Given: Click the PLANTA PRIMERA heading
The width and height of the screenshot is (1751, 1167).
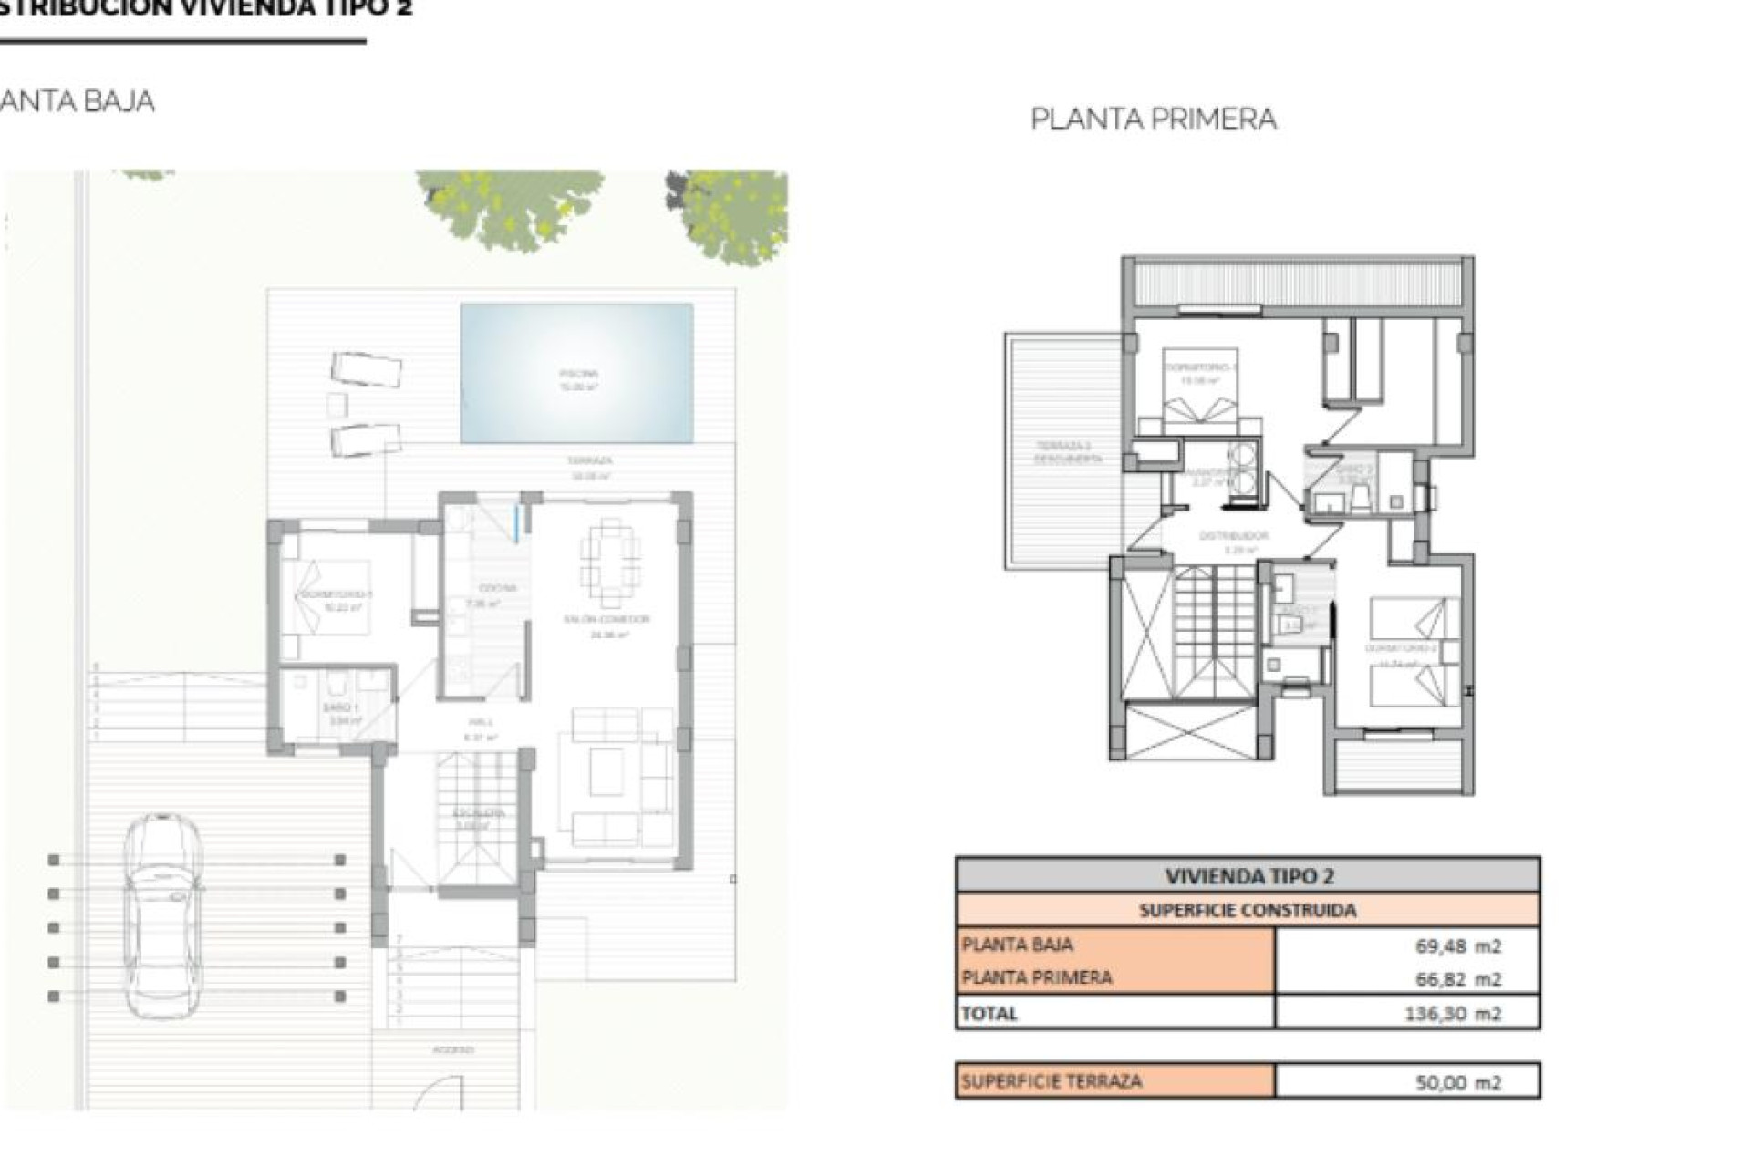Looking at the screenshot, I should (1153, 119).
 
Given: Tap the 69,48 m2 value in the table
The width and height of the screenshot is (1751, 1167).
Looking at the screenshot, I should (1457, 946).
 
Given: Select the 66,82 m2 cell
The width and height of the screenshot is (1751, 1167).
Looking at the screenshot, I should (1457, 979).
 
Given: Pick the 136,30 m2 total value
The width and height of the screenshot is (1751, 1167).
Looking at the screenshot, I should (1452, 1013).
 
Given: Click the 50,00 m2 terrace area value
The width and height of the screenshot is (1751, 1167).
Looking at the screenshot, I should (1457, 1082).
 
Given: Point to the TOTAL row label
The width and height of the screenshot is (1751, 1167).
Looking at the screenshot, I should (989, 1013).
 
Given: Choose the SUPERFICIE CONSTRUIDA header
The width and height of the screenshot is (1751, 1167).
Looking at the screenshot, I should (1247, 910).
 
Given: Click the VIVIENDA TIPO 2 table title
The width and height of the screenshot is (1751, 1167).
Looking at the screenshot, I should (1248, 876).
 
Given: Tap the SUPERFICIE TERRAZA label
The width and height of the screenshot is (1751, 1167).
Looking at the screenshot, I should (1051, 1081).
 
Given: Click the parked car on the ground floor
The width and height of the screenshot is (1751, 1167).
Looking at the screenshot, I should (162, 914).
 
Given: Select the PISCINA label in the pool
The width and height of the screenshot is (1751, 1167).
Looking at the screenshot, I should (578, 373).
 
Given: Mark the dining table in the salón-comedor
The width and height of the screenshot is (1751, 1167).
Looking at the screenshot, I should (610, 562).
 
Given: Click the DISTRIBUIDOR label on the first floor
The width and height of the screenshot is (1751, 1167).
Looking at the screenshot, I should (1233, 536).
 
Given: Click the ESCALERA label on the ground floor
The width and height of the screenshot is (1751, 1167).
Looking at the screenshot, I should (479, 812).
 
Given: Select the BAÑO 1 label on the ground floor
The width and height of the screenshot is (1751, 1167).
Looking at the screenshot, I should (340, 707).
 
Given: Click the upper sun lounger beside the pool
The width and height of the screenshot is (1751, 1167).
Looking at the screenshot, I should (366, 369).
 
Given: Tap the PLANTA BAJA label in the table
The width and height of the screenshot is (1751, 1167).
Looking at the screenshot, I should (1017, 945).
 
